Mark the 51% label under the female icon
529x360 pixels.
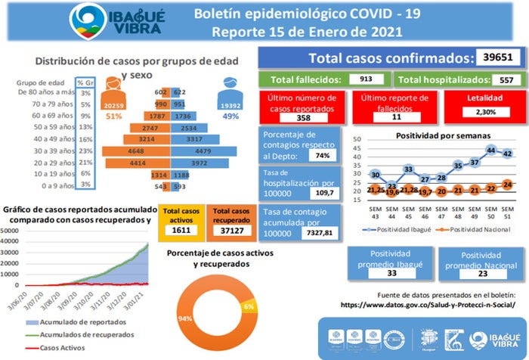(114, 116)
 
